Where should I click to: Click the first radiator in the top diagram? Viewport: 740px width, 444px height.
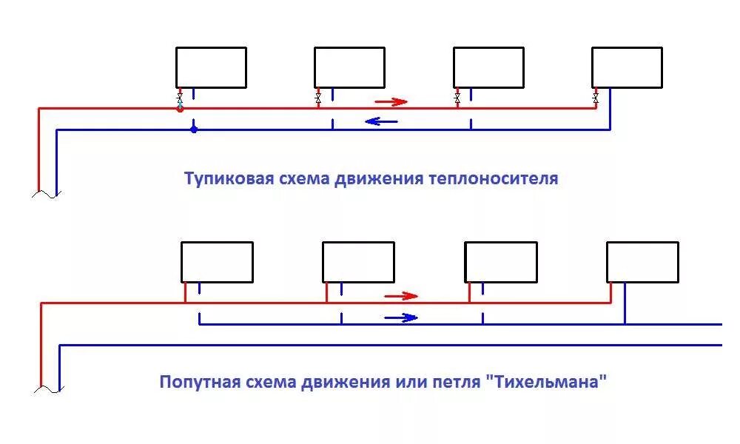tap(211, 67)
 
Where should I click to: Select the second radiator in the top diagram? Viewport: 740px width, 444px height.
tap(349, 67)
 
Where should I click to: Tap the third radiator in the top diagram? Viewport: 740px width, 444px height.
tap(488, 67)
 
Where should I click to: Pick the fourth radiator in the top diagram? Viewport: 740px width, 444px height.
tap(627, 67)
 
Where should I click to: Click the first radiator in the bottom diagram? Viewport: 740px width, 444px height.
tap(218, 262)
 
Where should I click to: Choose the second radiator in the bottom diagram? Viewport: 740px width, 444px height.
tap(358, 262)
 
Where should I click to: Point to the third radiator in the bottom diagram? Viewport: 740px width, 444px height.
tap(501, 262)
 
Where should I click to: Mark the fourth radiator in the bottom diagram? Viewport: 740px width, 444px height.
tap(642, 262)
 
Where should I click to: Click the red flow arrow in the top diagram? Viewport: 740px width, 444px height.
tap(391, 101)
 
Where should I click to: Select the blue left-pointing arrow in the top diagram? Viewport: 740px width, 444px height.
tap(382, 121)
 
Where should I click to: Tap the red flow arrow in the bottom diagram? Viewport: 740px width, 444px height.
tap(401, 296)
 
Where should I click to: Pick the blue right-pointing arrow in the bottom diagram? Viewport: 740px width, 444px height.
tap(400, 318)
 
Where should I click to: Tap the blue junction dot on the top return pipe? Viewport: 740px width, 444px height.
tap(194, 129)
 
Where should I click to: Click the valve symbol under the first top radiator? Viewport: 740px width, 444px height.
tap(180, 98)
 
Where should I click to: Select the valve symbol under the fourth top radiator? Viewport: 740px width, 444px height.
tap(596, 98)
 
